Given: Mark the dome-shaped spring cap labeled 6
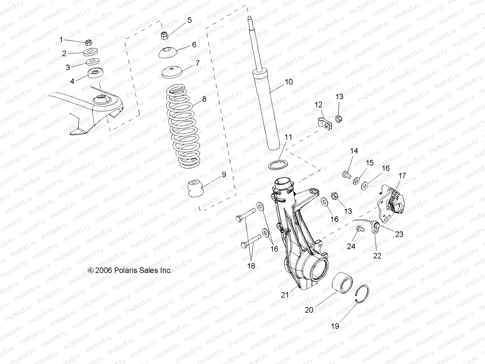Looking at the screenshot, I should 169,53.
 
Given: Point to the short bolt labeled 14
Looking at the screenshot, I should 346,175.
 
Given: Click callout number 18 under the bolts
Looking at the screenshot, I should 251,266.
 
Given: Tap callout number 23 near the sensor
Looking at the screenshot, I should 399,234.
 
